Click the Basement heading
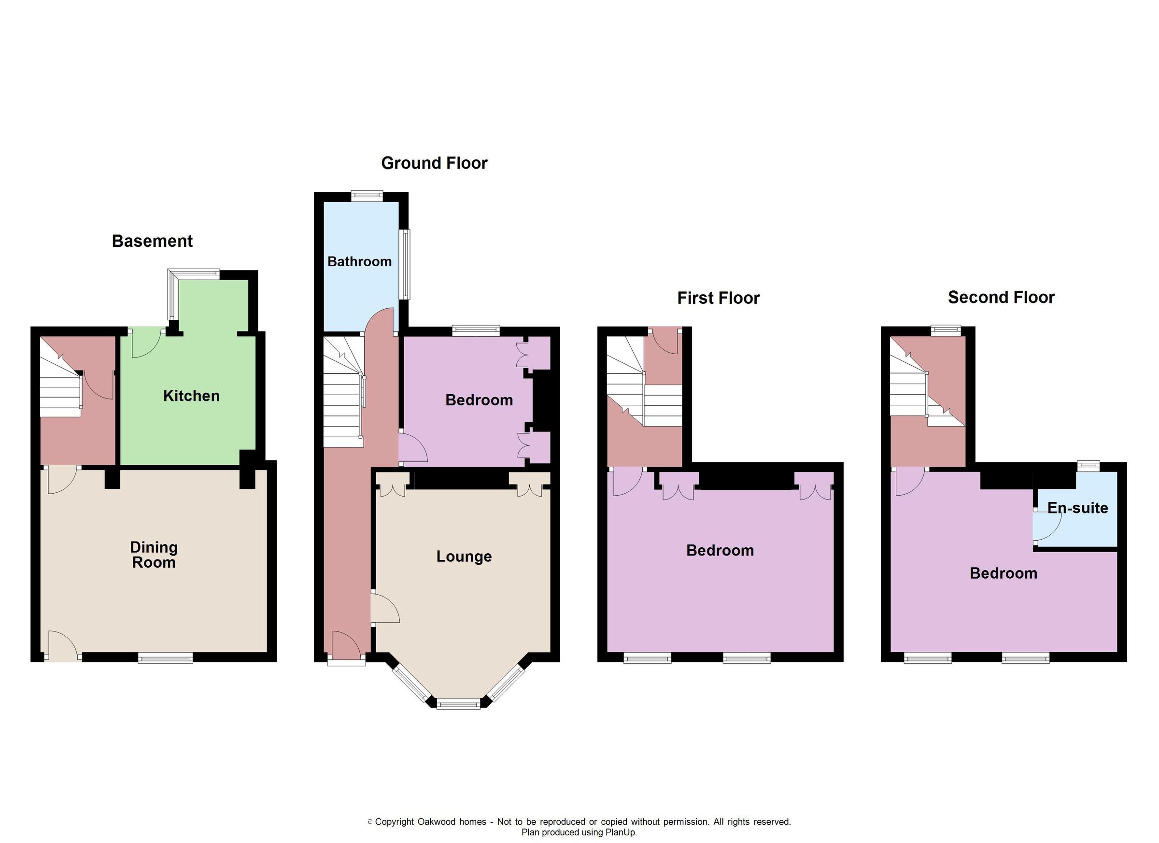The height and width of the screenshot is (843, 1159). [x=152, y=241]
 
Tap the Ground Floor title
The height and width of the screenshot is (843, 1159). [x=434, y=163]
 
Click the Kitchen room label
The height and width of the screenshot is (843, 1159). [x=191, y=396]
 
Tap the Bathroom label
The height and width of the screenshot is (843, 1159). [x=359, y=262]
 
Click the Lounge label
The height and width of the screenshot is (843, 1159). [x=464, y=556]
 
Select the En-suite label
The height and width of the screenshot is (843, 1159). [x=1077, y=508]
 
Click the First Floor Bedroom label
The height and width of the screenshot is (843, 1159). [x=720, y=551]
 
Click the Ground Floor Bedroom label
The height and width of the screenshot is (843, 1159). [x=479, y=400]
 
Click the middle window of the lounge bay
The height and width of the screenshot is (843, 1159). [x=458, y=705]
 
